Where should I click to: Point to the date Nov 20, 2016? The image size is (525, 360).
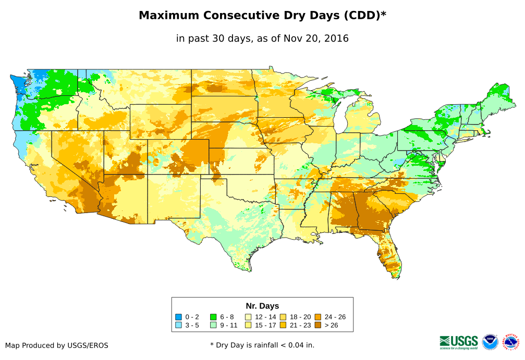coord(313,38)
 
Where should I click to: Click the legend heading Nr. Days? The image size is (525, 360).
coord(262,306)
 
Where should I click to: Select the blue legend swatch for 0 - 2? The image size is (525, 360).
coord(178,317)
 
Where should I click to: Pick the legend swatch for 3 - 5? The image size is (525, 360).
coord(178,325)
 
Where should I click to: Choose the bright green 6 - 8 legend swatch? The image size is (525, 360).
coord(213,317)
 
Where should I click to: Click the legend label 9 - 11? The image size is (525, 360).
coord(229,325)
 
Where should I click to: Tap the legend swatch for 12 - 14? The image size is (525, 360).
coord(248,317)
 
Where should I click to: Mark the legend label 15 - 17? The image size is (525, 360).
coord(266,325)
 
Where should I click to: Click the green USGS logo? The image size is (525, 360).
coord(459,342)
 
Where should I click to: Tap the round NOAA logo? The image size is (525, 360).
coord(490,342)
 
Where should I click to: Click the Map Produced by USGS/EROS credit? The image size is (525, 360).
coord(57,345)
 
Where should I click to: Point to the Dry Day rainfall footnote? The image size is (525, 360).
coord(262,345)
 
